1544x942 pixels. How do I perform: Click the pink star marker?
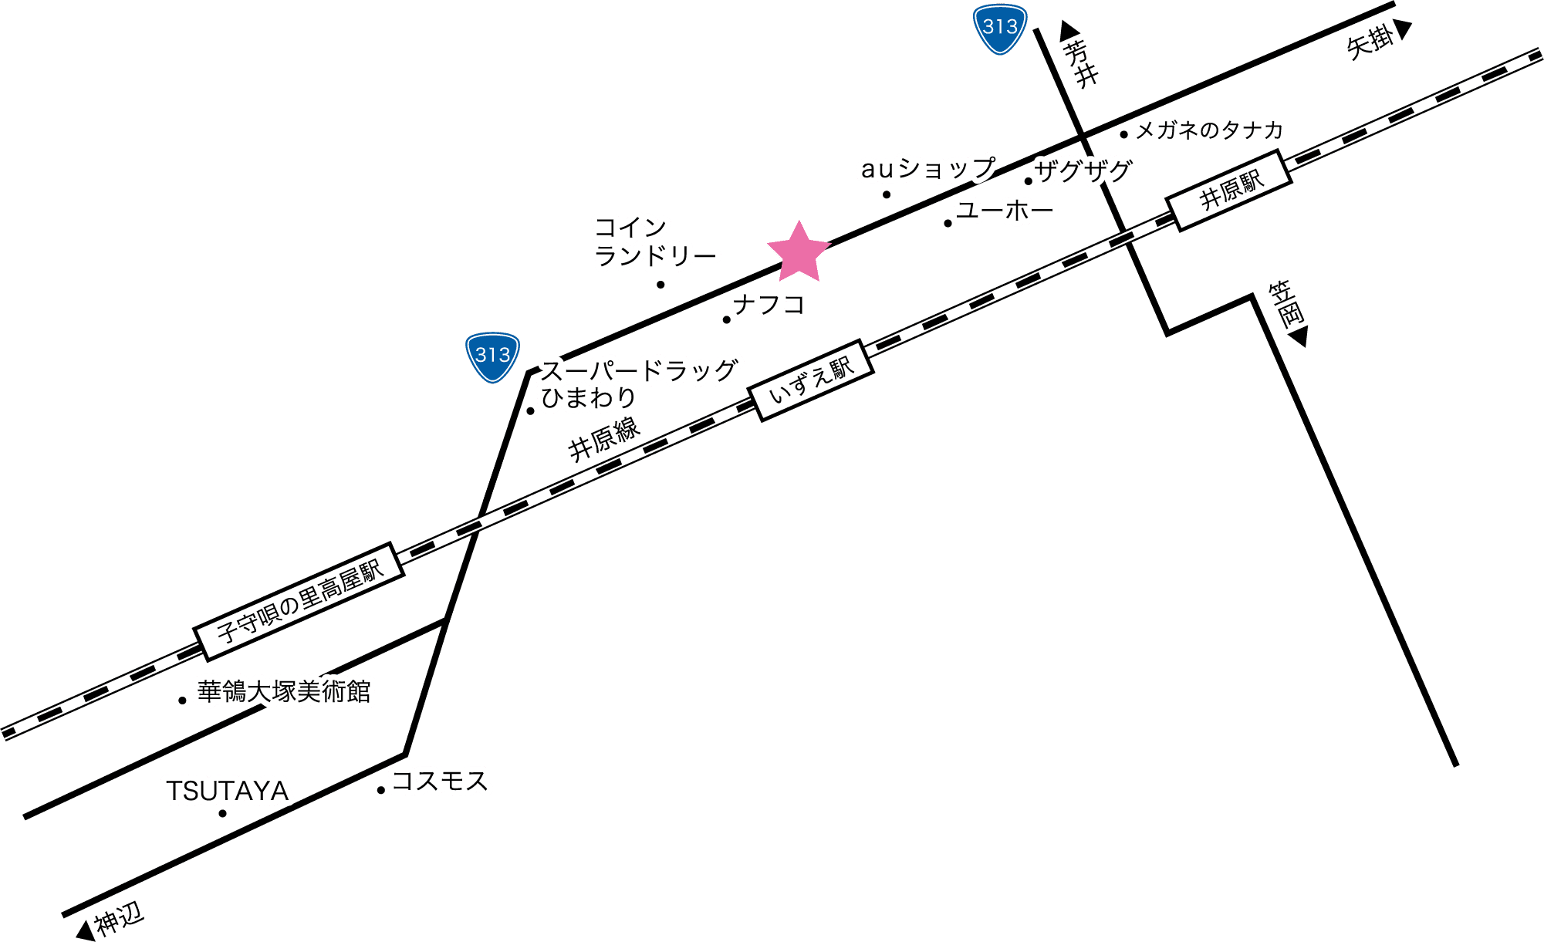tap(799, 252)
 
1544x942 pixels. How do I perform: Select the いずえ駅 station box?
tap(813, 380)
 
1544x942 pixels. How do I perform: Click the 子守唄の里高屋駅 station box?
tap(299, 601)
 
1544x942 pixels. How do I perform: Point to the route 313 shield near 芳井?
tap(1000, 29)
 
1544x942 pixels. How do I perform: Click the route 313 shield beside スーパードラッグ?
tap(492, 357)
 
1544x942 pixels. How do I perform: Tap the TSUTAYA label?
tap(228, 792)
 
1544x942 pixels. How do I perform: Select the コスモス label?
tap(441, 782)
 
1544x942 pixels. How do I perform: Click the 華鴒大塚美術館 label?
tap(284, 691)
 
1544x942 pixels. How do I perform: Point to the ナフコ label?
tap(768, 305)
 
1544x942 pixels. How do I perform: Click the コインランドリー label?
tap(654, 241)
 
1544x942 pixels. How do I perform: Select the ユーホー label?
tap(1005, 210)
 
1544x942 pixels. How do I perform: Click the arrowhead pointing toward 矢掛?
tap(1403, 29)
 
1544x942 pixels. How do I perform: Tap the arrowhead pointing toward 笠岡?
tap(1299, 337)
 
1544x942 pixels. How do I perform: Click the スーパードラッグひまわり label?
tap(637, 384)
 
